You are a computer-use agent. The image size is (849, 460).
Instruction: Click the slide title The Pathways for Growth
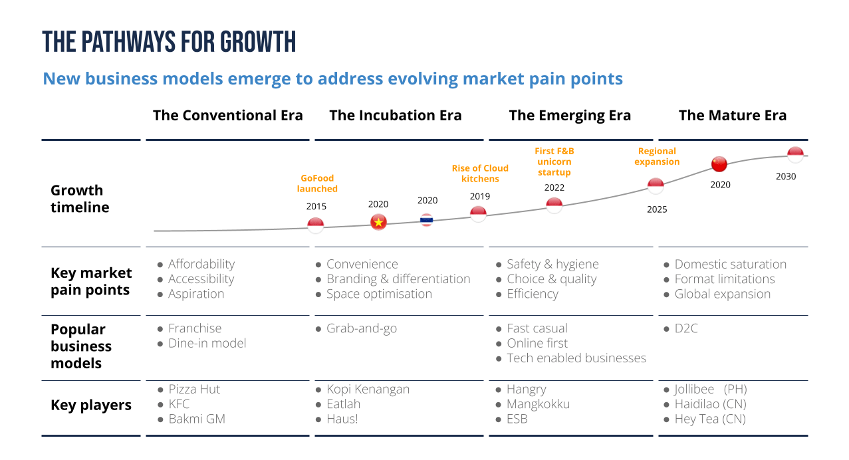coord(169,42)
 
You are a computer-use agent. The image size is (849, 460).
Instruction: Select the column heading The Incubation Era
coord(395,115)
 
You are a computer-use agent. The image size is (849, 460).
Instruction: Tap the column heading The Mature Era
coord(732,115)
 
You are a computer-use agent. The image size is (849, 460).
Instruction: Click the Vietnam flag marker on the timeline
coord(378,222)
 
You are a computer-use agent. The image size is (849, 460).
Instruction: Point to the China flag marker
coord(719,164)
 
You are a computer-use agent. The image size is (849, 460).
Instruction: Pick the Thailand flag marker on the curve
coord(427,220)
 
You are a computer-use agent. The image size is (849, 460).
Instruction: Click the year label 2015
coord(316,206)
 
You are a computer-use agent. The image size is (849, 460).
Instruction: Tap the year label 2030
coord(785,176)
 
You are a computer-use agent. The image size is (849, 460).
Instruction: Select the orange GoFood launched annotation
coord(317,183)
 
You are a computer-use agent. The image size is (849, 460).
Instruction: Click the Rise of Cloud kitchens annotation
coord(480,173)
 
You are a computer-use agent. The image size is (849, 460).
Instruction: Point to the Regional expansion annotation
coord(657,156)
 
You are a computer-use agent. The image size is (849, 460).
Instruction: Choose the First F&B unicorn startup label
coord(554,162)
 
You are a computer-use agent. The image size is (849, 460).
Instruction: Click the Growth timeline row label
coord(80,199)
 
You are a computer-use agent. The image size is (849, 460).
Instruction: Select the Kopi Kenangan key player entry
coord(368,390)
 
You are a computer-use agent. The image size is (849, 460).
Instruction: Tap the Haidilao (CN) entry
coord(710,404)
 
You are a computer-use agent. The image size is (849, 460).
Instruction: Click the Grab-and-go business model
coord(362,328)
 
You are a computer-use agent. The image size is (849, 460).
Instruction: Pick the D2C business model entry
coord(686,328)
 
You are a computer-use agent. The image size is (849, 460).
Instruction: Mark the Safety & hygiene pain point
coord(552,264)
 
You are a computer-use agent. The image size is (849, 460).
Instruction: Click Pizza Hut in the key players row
coord(194,390)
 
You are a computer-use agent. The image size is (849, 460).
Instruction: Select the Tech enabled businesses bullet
coord(576,358)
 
